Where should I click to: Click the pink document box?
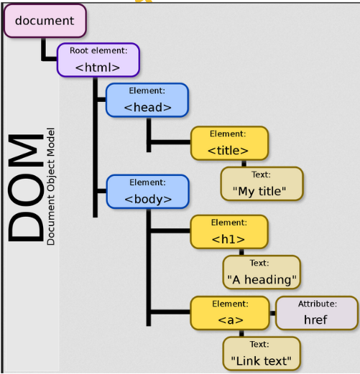click(45, 21)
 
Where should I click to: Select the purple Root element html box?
click(98, 60)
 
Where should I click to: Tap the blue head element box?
click(147, 100)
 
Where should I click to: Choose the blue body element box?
click(147, 192)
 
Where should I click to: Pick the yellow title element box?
click(229, 143)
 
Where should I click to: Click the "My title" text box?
click(262, 184)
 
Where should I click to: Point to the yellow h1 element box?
click(229, 232)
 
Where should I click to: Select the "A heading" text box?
click(262, 272)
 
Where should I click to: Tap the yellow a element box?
click(230, 313)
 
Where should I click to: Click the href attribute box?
click(317, 313)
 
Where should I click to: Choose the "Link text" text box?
click(262, 353)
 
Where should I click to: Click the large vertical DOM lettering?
click(26, 187)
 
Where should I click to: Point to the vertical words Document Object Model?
click(50, 187)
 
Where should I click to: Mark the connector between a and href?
click(273, 313)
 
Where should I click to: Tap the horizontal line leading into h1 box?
click(170, 230)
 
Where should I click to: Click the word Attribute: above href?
click(318, 304)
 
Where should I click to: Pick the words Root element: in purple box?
click(98, 50)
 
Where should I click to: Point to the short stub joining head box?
click(102, 100)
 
